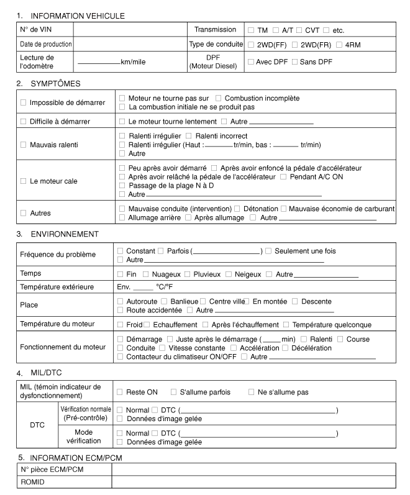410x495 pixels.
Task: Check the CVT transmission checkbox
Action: (299, 30)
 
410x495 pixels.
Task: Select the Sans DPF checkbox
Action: (295, 61)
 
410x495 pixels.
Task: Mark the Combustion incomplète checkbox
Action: (219, 98)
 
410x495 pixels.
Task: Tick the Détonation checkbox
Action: (239, 208)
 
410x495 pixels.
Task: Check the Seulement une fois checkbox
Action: (269, 251)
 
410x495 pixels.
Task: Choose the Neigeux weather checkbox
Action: (229, 274)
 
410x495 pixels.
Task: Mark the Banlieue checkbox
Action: (165, 301)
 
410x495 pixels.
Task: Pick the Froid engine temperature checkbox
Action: (120, 324)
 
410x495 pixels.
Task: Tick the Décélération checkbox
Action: (286, 348)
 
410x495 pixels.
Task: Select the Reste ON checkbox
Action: (120, 392)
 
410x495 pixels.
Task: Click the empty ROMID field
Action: (252, 482)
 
